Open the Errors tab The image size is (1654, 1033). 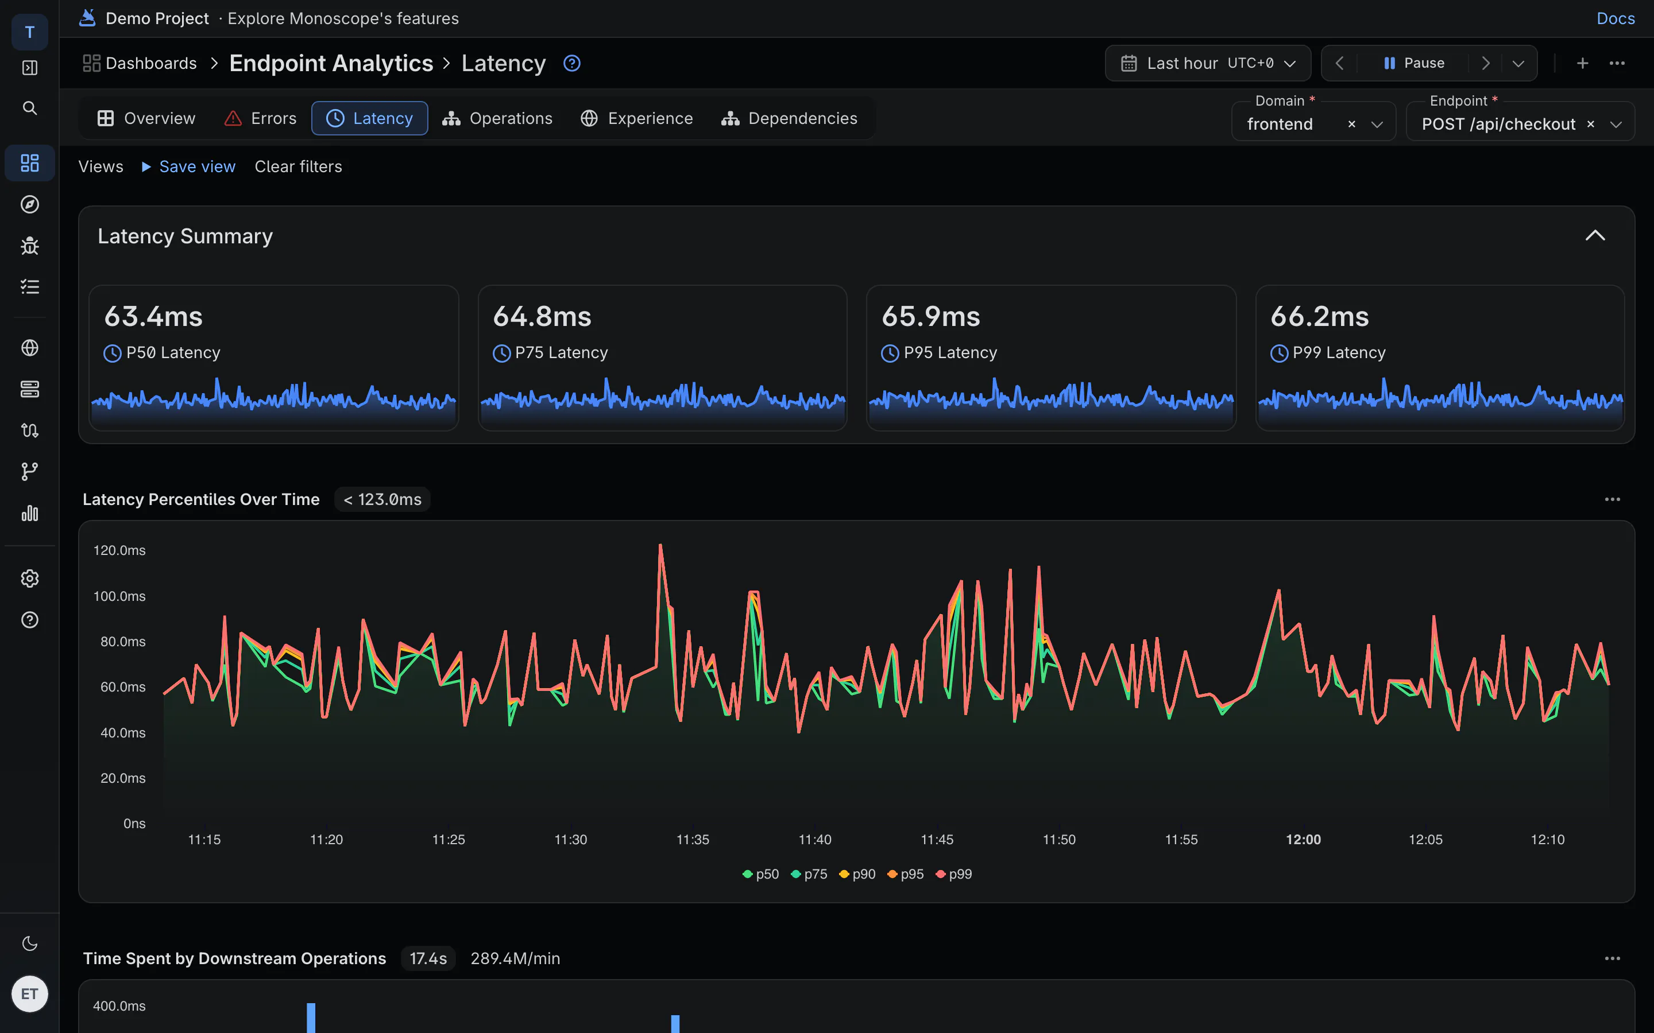[x=260, y=118]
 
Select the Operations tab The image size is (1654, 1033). [x=497, y=118]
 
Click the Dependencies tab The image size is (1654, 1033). [x=789, y=118]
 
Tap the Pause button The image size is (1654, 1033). [x=1414, y=63]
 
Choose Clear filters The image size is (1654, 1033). [x=298, y=166]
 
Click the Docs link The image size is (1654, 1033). [x=1616, y=18]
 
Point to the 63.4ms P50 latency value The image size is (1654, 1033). [x=154, y=316]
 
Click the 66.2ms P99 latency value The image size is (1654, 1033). [x=1320, y=316]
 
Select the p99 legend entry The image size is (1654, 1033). [x=953, y=874]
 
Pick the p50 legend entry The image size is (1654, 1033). [x=761, y=874]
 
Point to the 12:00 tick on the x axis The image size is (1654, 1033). [x=1303, y=840]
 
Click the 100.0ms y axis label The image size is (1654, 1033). [x=119, y=596]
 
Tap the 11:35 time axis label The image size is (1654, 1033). [x=693, y=840]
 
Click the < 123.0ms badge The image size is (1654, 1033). [x=382, y=499]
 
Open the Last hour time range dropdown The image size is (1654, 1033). [x=1208, y=63]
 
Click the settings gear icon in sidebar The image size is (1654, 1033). [x=29, y=578]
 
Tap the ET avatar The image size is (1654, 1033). [x=29, y=994]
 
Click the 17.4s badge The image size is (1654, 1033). [x=428, y=958]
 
